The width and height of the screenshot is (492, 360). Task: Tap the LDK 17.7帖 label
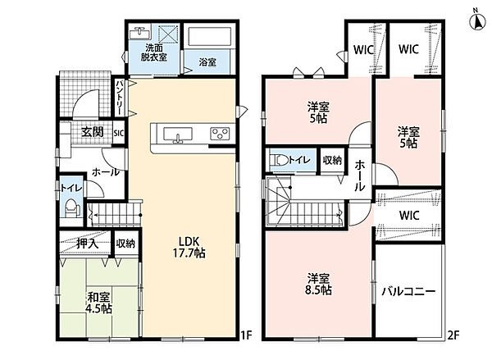click(189, 247)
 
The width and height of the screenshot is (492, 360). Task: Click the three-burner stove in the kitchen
click(221, 134)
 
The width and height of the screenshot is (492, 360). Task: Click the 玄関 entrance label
click(92, 132)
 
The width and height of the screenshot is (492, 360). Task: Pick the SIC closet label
click(119, 133)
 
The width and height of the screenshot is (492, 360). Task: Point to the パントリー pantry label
click(120, 98)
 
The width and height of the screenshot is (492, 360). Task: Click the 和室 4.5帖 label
click(99, 303)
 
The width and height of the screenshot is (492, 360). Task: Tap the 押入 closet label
click(89, 244)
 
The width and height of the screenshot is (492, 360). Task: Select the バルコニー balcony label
click(408, 292)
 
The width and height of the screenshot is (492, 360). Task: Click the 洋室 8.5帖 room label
click(318, 284)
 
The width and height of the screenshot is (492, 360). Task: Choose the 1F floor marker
click(247, 335)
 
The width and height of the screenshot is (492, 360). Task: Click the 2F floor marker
click(453, 335)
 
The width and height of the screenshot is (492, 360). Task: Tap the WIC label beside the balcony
click(409, 216)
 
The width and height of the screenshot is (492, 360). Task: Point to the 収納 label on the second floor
click(332, 161)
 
